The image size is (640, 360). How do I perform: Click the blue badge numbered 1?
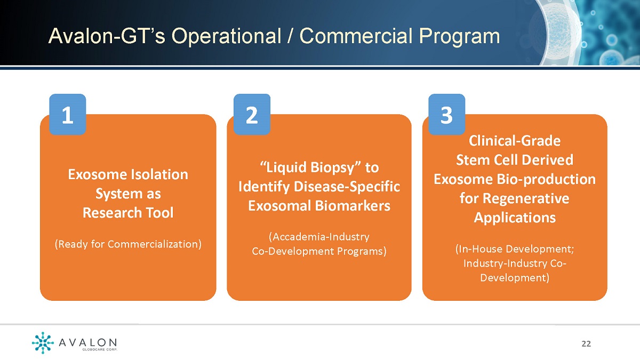[x=68, y=114]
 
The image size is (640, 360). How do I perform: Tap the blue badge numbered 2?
[x=252, y=114]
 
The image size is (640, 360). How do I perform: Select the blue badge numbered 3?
[x=447, y=114]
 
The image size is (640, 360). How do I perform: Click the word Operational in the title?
[x=226, y=37]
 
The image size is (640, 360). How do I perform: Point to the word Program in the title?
[x=459, y=37]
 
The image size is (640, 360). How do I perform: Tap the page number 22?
[x=586, y=343]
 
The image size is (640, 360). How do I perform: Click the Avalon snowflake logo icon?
[x=43, y=342]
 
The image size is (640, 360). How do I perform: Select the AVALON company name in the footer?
[x=87, y=342]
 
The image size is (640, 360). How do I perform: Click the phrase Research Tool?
[x=128, y=213]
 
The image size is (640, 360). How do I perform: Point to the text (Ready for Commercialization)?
[x=128, y=244]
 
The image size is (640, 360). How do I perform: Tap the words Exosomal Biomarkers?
[x=319, y=206]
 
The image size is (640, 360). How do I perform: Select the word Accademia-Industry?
[x=319, y=237]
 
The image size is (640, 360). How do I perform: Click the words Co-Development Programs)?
[x=319, y=251]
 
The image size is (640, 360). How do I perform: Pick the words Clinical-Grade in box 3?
[x=515, y=141]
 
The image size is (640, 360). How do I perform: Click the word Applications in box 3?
[x=515, y=218]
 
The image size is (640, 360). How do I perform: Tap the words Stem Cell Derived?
[x=515, y=159]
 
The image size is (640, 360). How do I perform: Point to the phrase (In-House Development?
[x=515, y=249]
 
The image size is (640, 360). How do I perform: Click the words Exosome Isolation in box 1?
[x=128, y=174]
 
